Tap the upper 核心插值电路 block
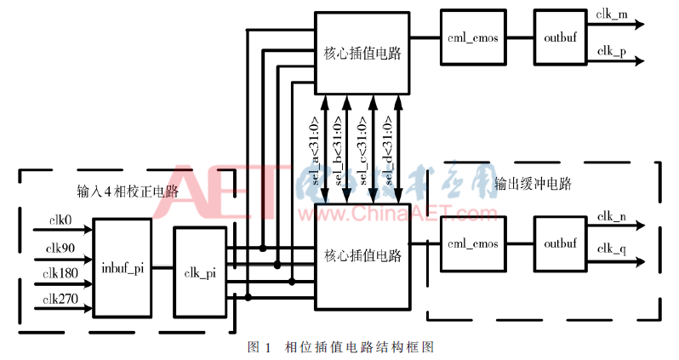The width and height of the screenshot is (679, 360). pos(362,53)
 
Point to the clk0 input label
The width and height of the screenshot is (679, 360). pos(60,220)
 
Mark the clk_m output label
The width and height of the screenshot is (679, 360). pos(612,15)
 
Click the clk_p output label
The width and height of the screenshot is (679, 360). pos(612,51)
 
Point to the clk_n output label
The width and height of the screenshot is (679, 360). pos(612,218)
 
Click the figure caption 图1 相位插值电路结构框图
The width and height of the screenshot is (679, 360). pos(340,347)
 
